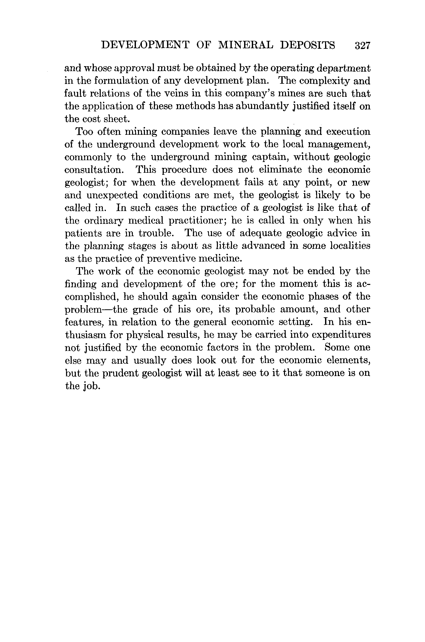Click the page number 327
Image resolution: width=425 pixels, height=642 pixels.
362,45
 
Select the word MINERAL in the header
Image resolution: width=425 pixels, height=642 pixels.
246,45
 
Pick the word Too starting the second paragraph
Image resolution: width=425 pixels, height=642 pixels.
84,132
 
